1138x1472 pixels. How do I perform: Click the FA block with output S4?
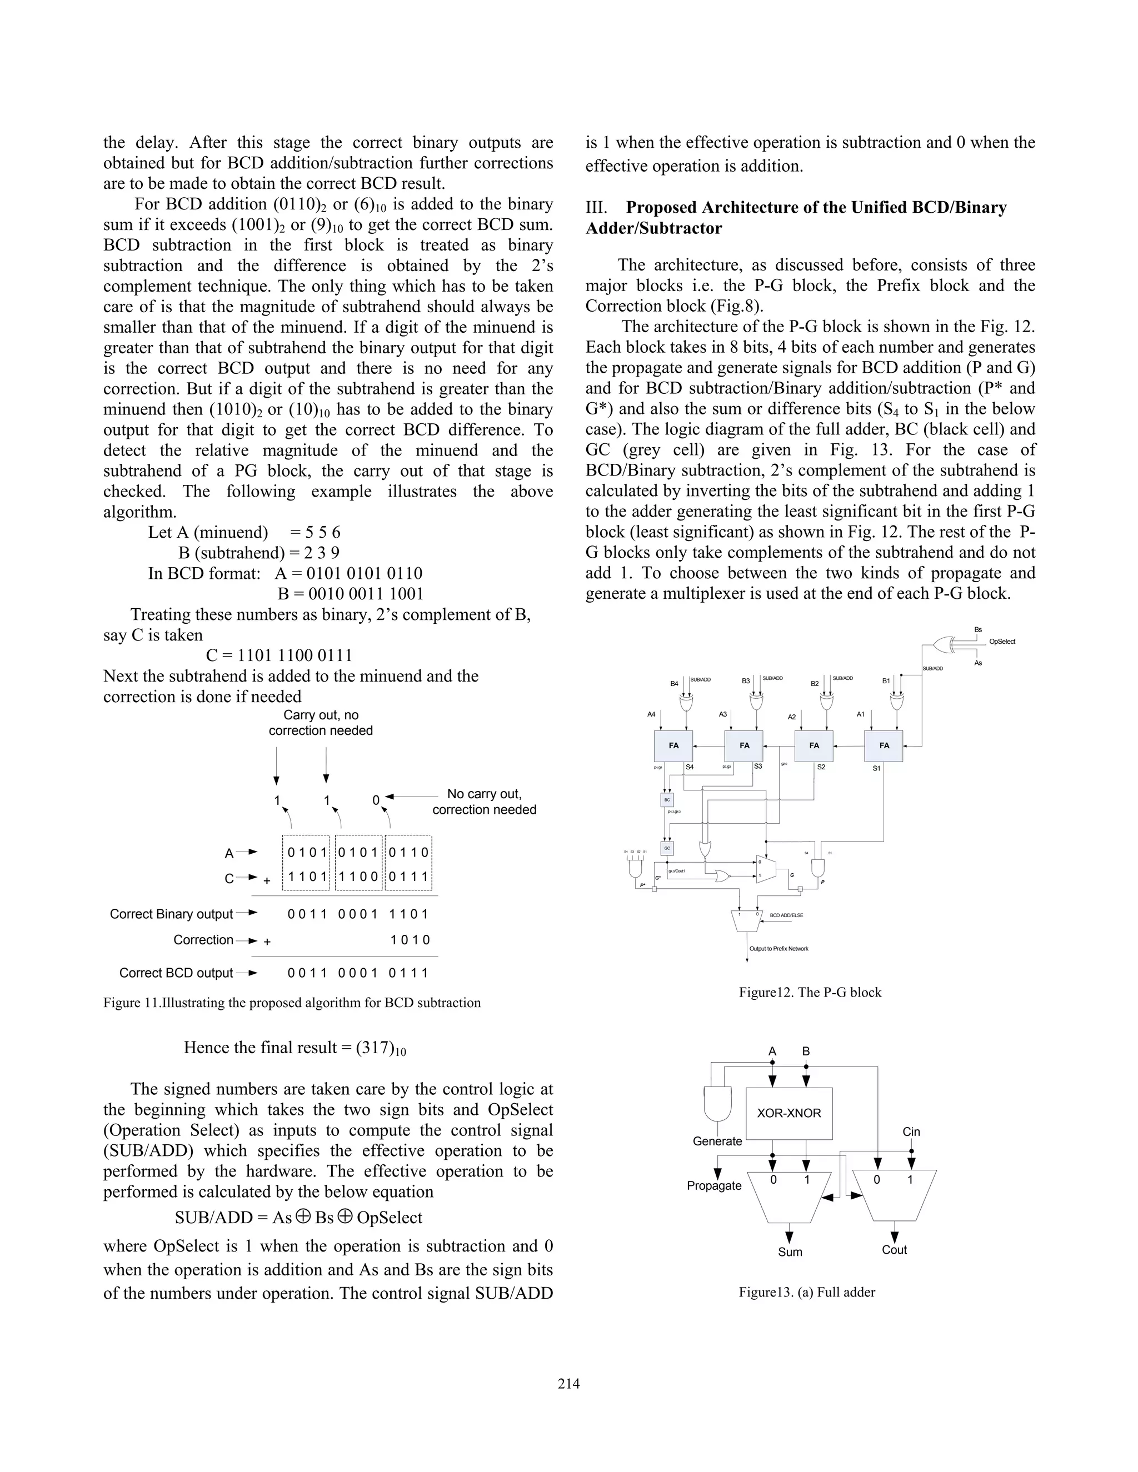(x=673, y=745)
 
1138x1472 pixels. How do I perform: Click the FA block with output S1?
(x=884, y=745)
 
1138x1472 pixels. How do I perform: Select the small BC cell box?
(x=667, y=800)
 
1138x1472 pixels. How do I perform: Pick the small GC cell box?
(x=667, y=848)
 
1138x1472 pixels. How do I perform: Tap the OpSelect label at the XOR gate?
(x=1002, y=642)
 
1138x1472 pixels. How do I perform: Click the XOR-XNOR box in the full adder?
(x=789, y=1113)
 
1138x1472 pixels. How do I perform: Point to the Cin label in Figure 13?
(x=911, y=1131)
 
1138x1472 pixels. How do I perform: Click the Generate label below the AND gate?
(x=717, y=1141)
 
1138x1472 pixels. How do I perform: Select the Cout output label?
(x=894, y=1250)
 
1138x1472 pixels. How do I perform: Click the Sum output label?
(x=790, y=1251)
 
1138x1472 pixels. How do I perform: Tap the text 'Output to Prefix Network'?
(x=778, y=948)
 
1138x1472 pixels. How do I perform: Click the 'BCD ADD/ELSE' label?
(x=786, y=915)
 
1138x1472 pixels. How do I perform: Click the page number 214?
(x=568, y=1384)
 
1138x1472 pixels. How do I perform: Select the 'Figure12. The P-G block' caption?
(x=810, y=992)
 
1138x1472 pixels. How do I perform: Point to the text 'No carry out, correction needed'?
(x=484, y=802)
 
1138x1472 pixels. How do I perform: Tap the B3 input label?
(x=746, y=681)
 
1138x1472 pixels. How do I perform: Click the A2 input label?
(x=792, y=717)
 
